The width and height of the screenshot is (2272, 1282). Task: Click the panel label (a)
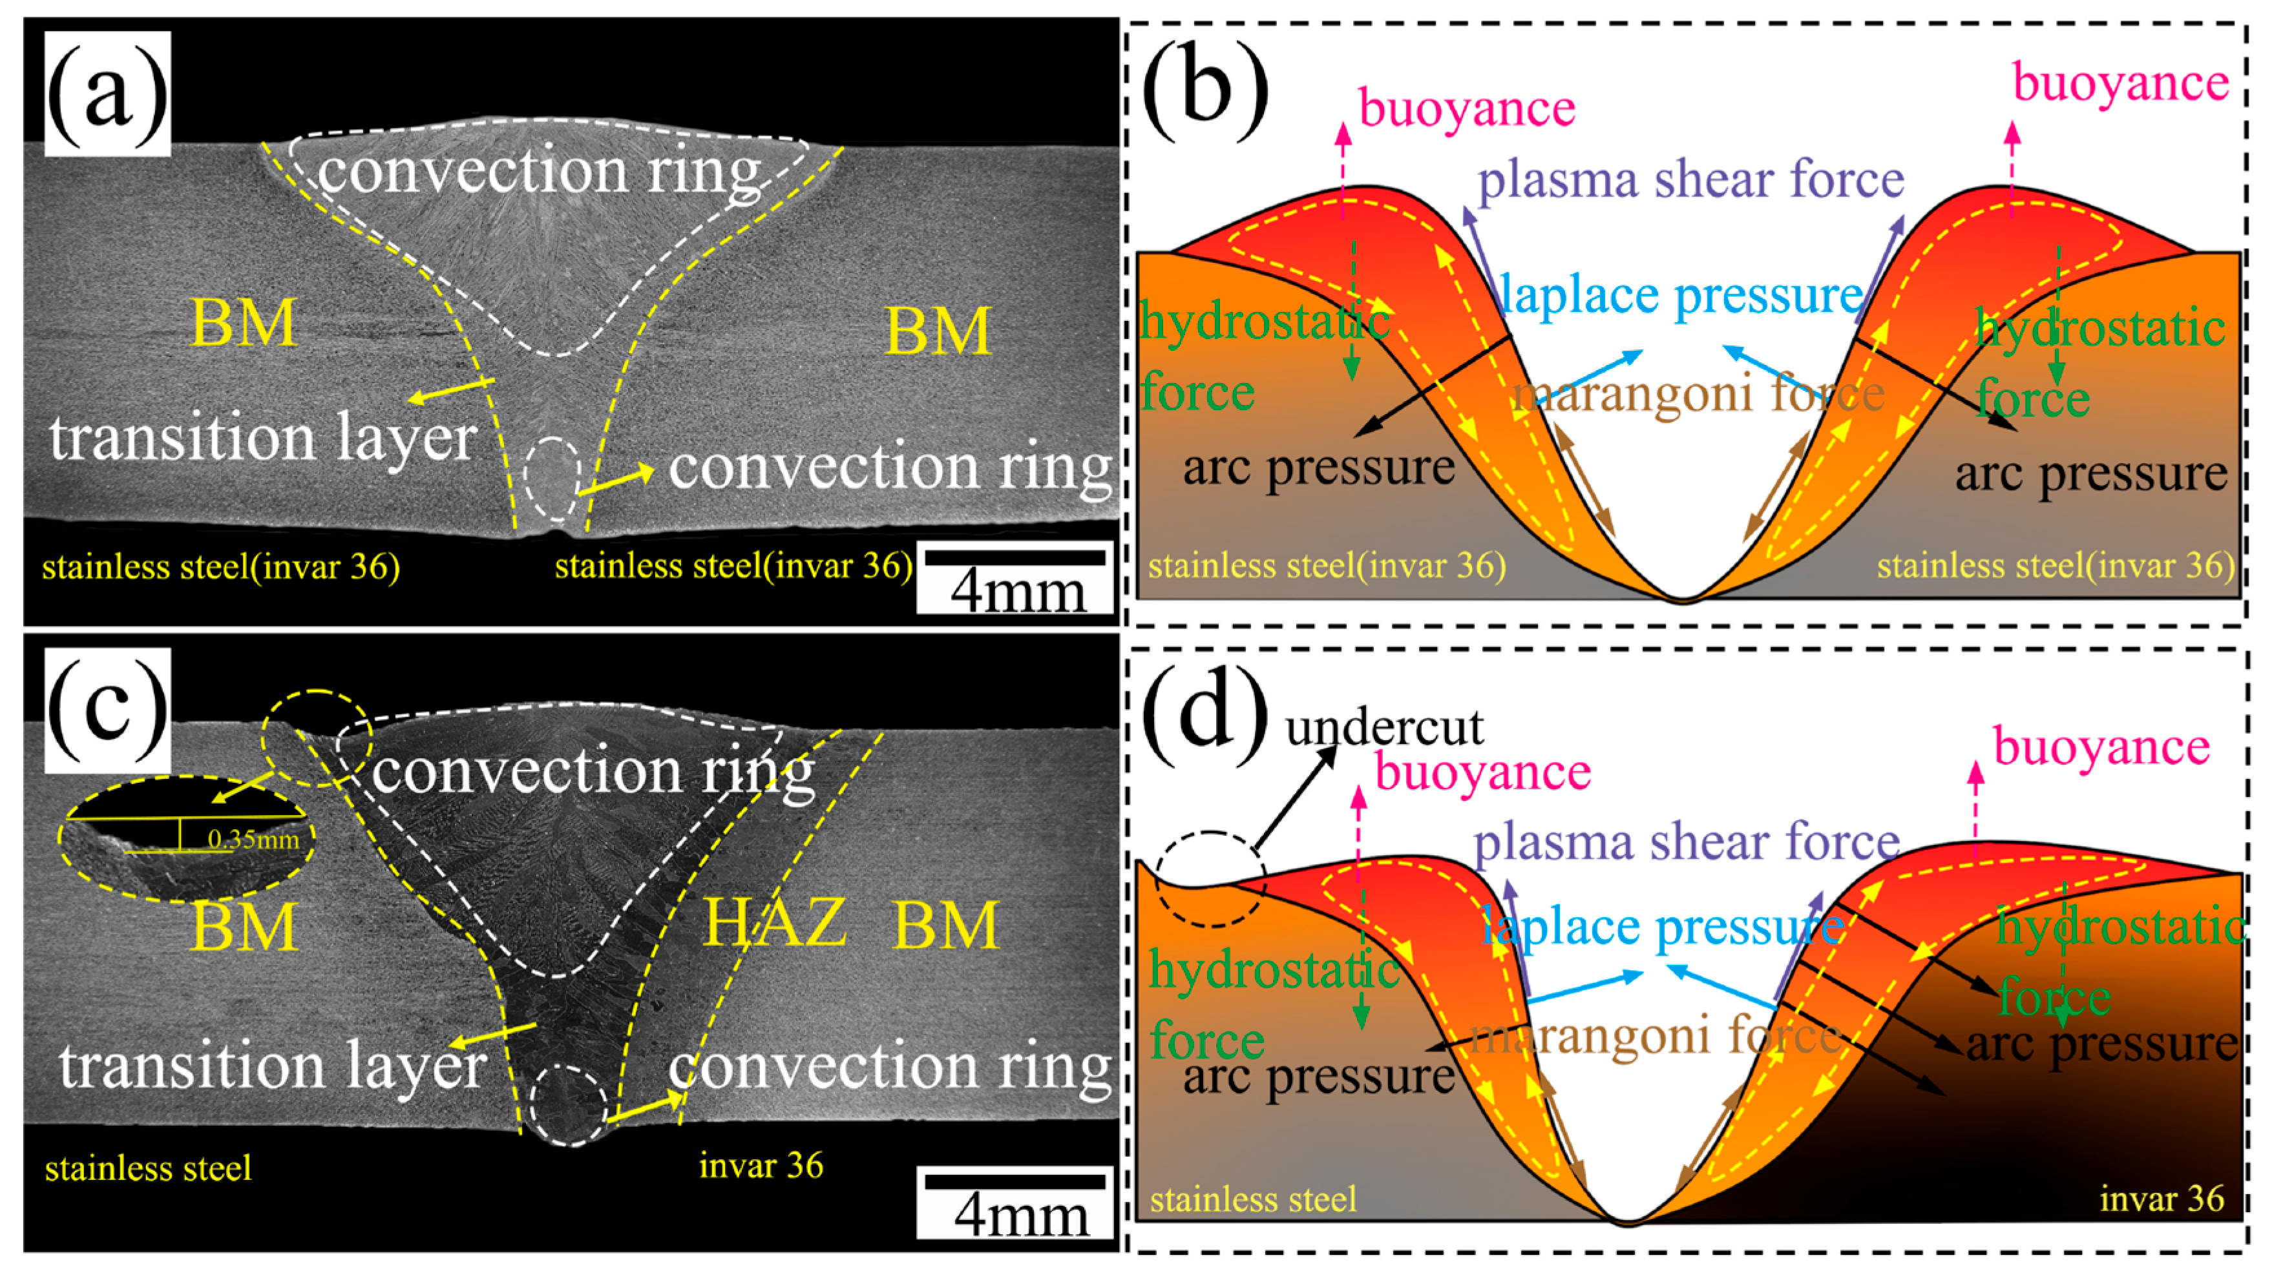tap(107, 94)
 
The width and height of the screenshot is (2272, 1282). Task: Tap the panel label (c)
tap(107, 710)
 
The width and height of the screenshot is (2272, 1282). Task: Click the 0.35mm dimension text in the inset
tap(253, 838)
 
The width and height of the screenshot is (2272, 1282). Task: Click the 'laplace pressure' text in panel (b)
tap(1681, 295)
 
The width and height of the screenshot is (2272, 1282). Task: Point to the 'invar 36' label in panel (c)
tap(761, 1166)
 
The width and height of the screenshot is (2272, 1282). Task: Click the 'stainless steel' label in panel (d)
tap(1252, 1199)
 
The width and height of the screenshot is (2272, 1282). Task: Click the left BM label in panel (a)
tap(244, 323)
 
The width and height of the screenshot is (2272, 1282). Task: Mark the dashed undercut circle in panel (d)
tap(1211, 879)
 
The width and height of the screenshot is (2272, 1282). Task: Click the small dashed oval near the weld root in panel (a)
tap(552, 478)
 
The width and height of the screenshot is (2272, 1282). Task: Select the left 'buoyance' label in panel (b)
tap(1466, 109)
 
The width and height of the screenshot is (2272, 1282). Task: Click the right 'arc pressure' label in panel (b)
tap(2090, 474)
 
